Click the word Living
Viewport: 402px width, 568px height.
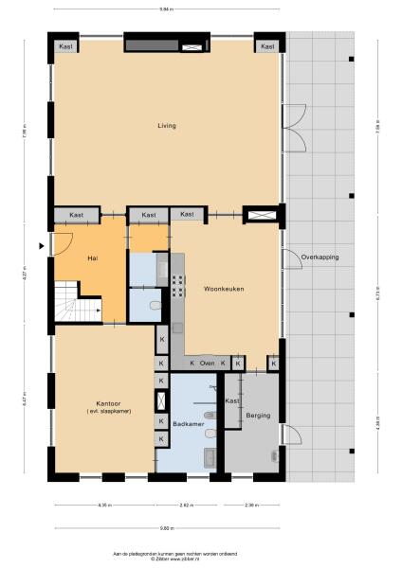(167, 125)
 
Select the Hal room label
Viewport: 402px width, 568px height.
(92, 258)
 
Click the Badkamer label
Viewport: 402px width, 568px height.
(187, 424)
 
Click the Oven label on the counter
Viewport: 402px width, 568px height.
(207, 363)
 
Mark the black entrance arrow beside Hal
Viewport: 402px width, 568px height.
(40, 246)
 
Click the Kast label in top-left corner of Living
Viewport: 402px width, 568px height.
(65, 46)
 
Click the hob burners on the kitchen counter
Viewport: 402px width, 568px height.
(177, 276)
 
